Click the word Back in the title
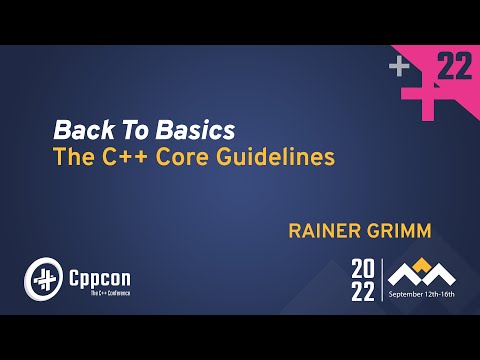click(x=76, y=130)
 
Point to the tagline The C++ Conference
click(x=98, y=293)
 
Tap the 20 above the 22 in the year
click(x=362, y=268)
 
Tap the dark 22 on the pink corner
click(x=455, y=68)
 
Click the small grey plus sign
click(x=400, y=67)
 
